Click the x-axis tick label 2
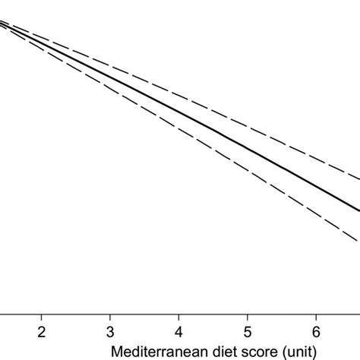[x=42, y=333]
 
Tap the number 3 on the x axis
[x=110, y=333]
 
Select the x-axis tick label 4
[x=178, y=333]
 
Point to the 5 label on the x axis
[x=247, y=333]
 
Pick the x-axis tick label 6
[x=315, y=333]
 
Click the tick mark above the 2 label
[x=42, y=316]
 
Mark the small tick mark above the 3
[x=110, y=316]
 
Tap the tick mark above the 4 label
[x=178, y=316]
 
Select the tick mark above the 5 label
[x=247, y=316]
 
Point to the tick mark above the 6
[x=315, y=316]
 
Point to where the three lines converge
[x=4, y=24]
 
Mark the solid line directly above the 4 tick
[x=178, y=114]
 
